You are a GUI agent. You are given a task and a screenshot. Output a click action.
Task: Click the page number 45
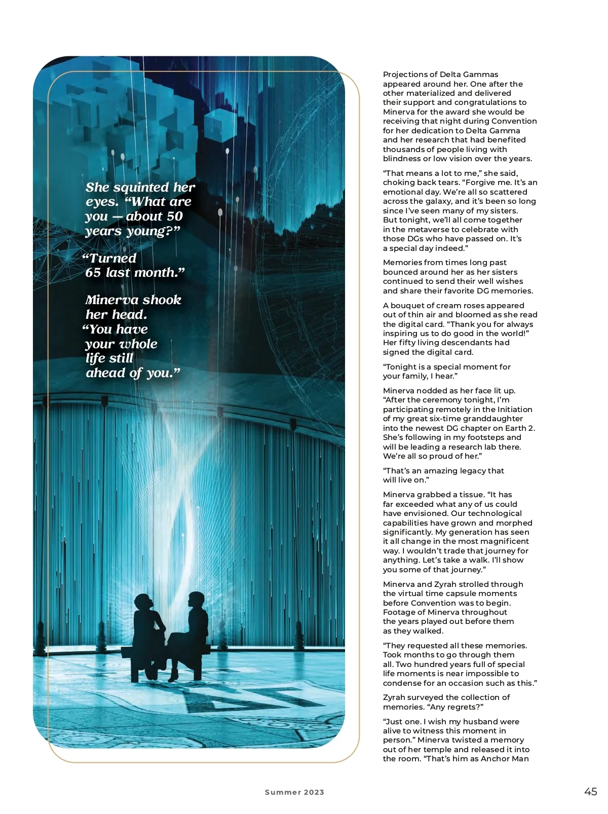pyautogui.click(x=590, y=792)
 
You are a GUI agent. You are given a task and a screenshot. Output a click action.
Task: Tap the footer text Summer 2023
pyautogui.click(x=294, y=792)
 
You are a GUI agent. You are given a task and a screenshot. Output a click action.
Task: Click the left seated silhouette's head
pyautogui.click(x=143, y=603)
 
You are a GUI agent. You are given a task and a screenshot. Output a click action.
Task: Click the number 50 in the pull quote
pyautogui.click(x=174, y=216)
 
